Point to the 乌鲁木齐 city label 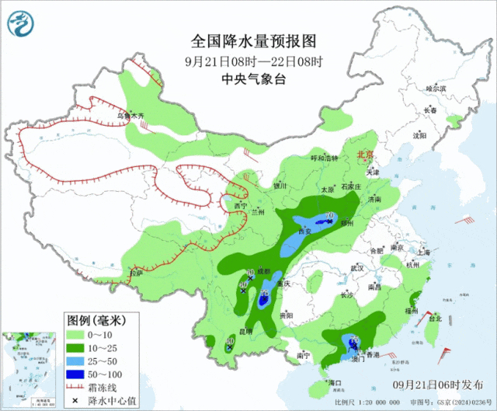click(x=130, y=116)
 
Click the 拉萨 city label click(x=136, y=273)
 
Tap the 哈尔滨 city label click(x=436, y=89)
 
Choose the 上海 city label click(x=422, y=253)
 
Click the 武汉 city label click(x=357, y=267)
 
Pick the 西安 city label click(x=304, y=232)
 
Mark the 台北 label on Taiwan click(x=434, y=318)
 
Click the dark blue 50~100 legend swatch click(x=76, y=373)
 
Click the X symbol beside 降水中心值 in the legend click(x=75, y=400)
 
